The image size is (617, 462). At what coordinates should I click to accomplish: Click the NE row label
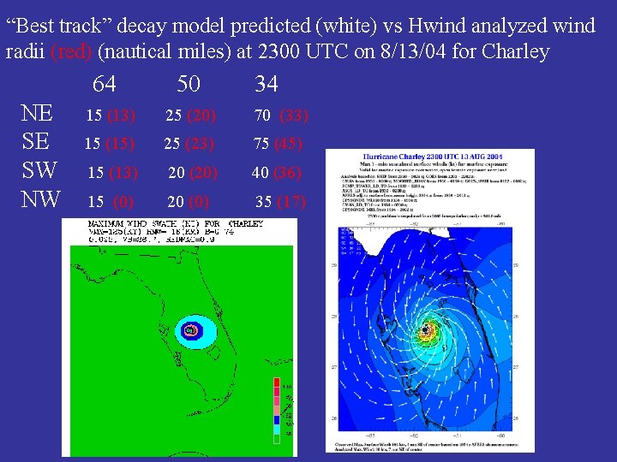click(38, 114)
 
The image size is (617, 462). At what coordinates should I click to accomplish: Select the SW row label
click(40, 170)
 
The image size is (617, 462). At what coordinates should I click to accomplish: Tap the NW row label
click(41, 199)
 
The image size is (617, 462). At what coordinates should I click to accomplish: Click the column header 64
click(104, 84)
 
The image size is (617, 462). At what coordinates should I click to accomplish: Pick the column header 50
click(189, 84)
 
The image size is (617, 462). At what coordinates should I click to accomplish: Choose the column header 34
click(267, 84)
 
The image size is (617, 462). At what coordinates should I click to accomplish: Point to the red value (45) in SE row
click(289, 144)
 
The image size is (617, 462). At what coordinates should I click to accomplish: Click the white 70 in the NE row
click(262, 115)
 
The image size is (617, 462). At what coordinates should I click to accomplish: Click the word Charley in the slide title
click(513, 51)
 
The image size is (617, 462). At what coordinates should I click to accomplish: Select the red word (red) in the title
click(73, 51)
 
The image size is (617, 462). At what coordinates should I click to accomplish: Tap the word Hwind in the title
click(379, 26)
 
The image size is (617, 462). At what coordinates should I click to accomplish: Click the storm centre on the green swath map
click(190, 329)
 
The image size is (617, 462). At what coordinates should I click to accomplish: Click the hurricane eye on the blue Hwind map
click(425, 329)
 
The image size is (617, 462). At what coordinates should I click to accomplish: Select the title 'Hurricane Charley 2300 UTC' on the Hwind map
click(428, 158)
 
